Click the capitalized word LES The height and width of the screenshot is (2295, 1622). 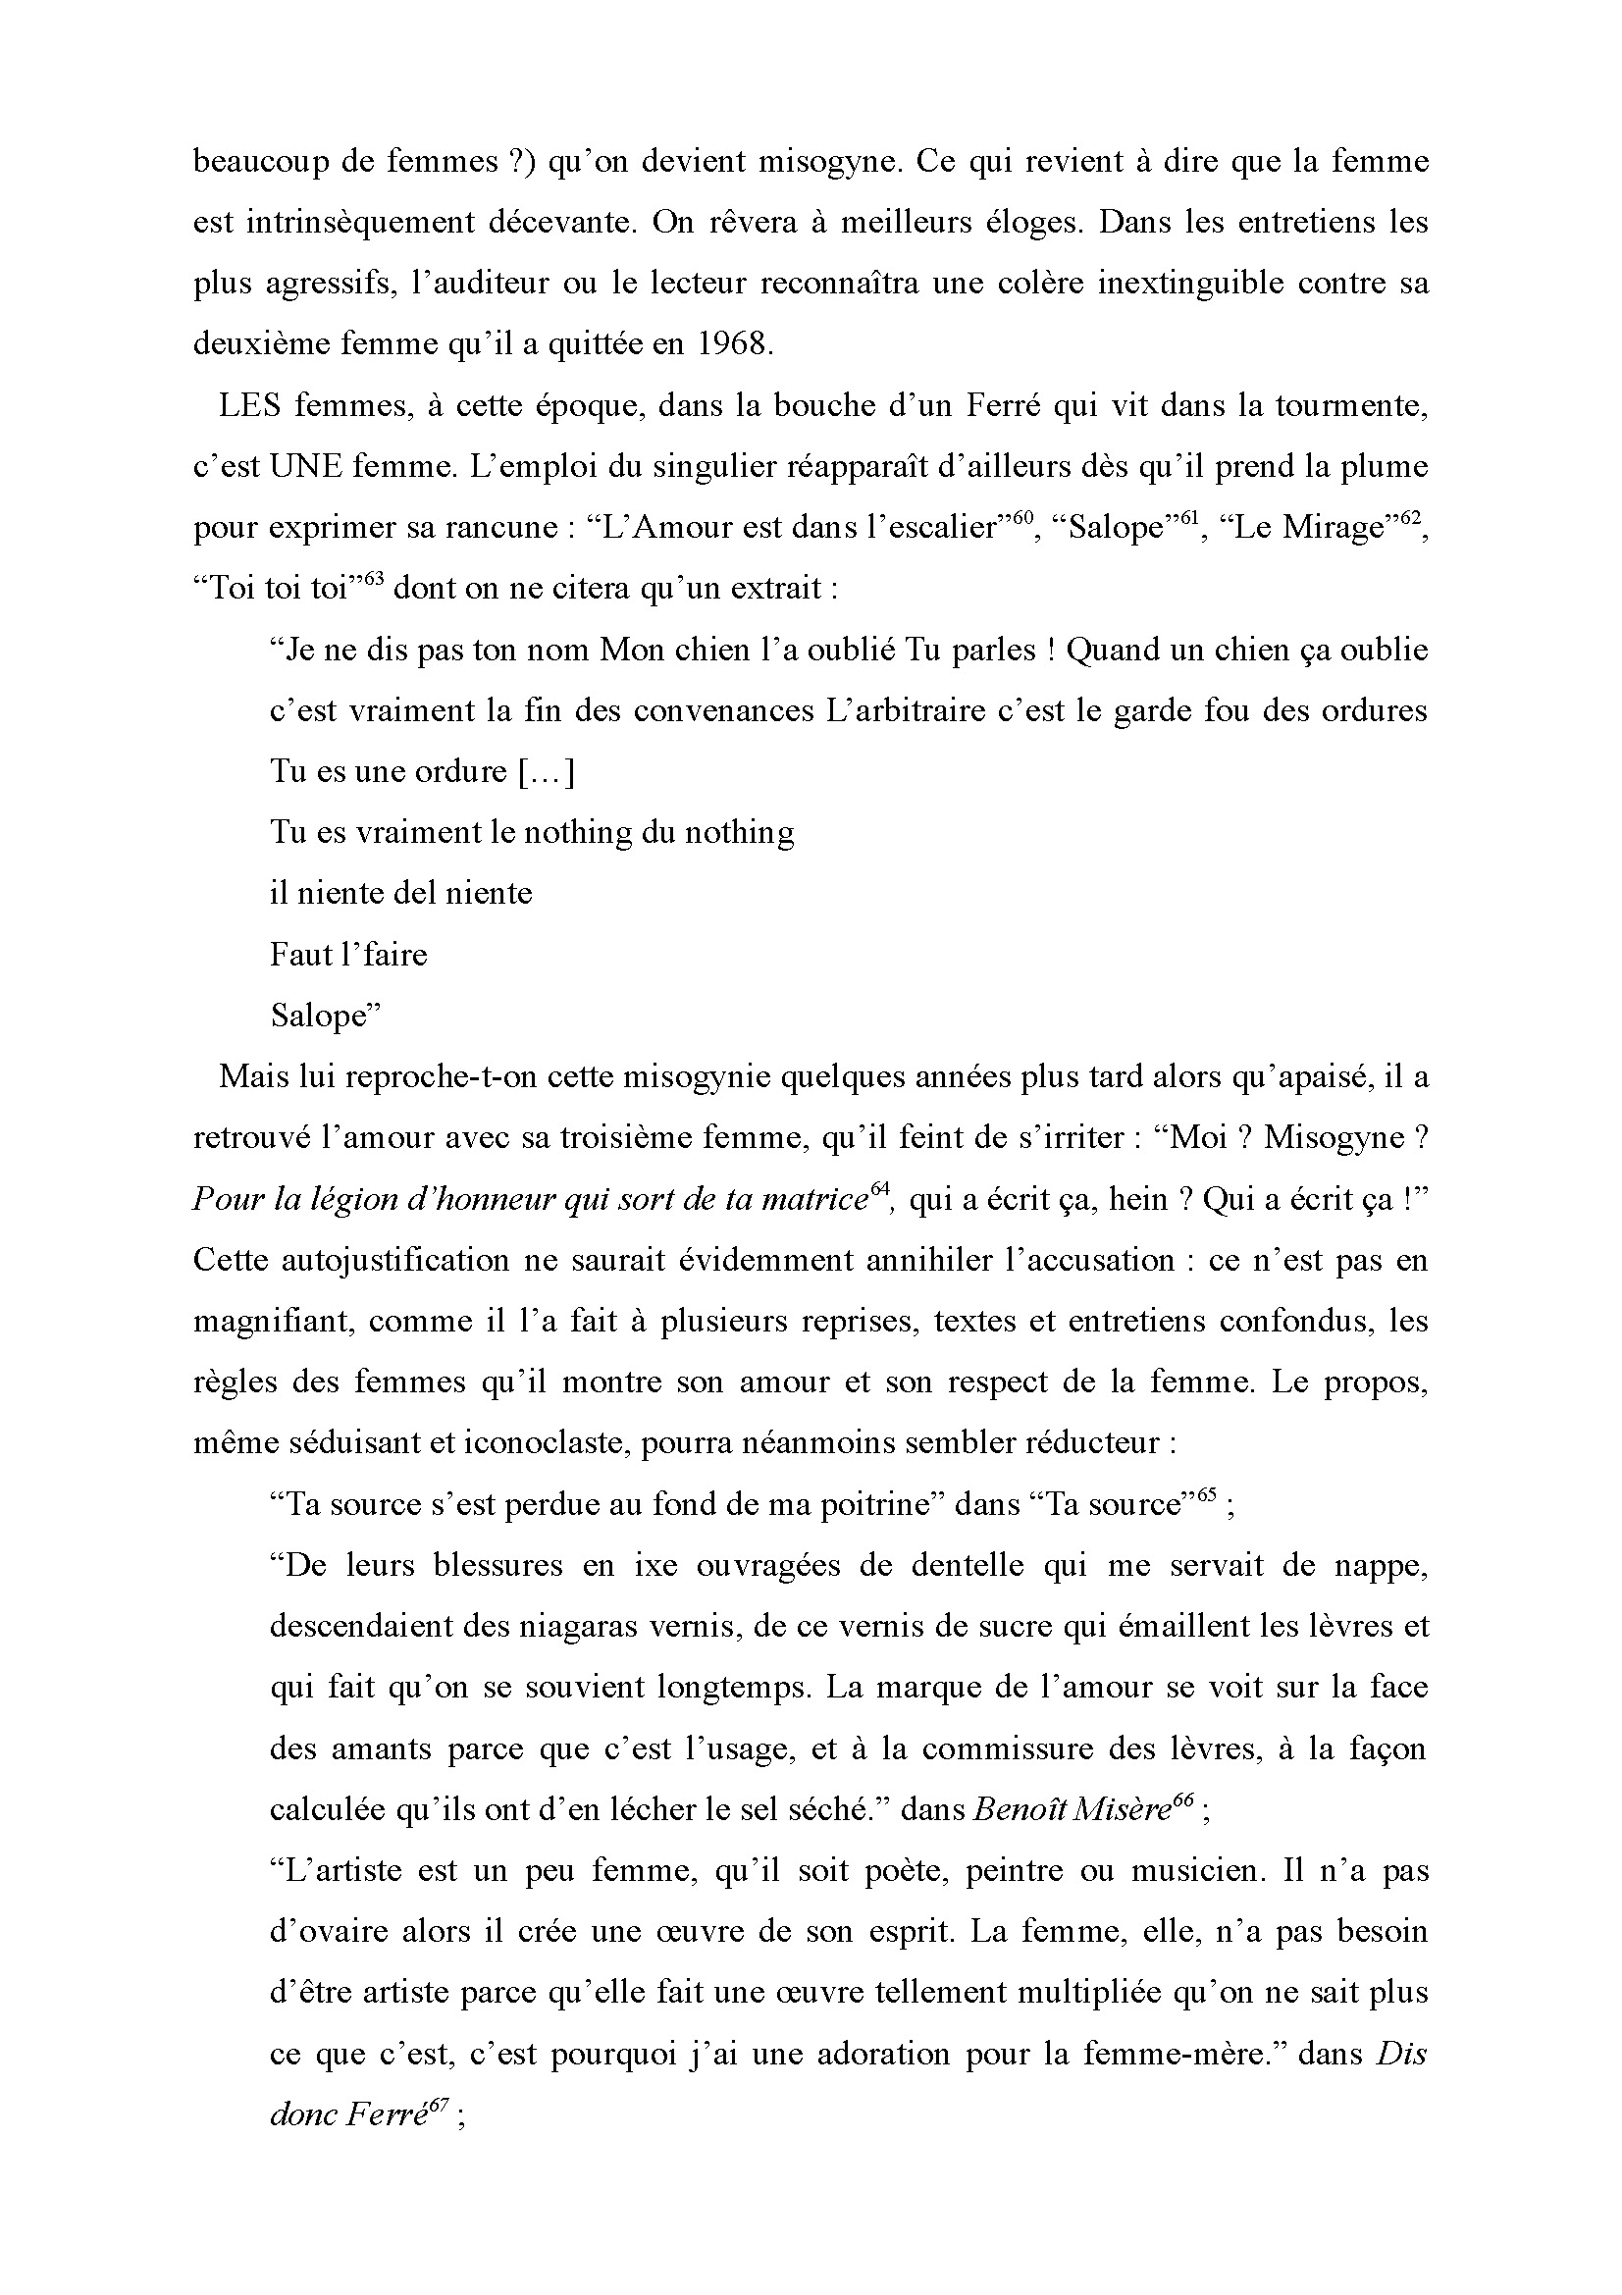[249, 406]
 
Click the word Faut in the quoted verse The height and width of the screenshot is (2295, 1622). [300, 955]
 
